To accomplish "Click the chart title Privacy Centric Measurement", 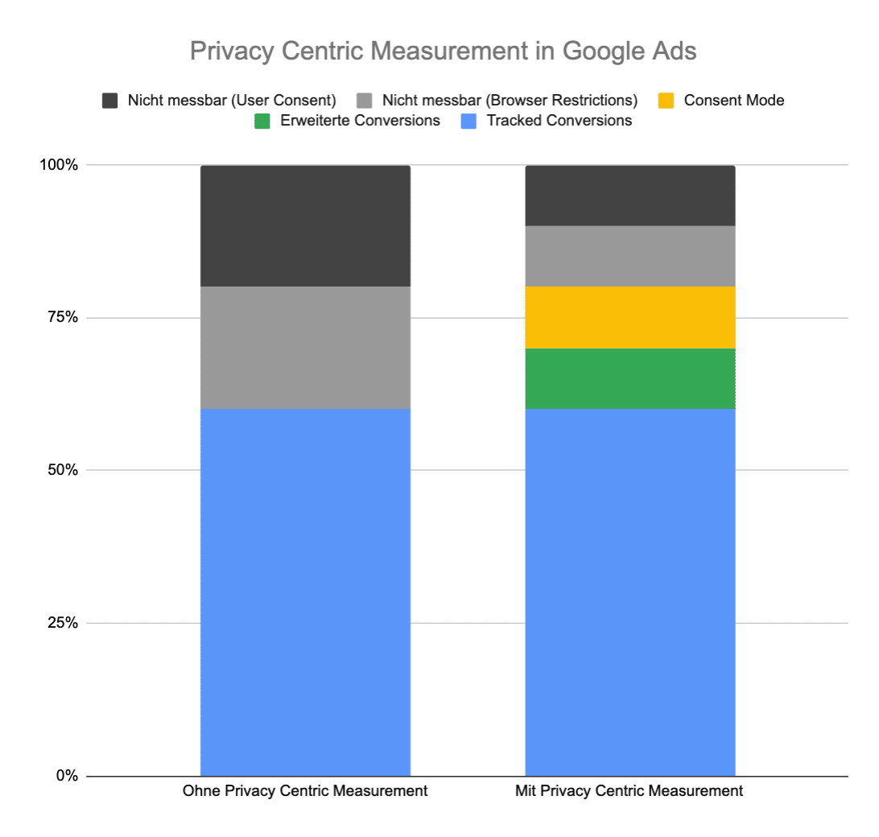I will (x=443, y=51).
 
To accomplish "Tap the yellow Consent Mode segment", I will (x=629, y=317).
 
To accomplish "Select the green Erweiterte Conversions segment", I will (x=629, y=378).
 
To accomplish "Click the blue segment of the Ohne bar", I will (x=305, y=592).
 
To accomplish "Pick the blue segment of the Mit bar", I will (x=629, y=592).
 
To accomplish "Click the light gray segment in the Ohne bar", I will (x=305, y=348).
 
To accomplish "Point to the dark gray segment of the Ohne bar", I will (x=305, y=226).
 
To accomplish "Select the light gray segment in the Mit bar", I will (x=629, y=256).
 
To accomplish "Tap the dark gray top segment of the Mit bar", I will (x=629, y=196).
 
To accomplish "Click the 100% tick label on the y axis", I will (x=59, y=165).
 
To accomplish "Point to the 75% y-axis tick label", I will (x=62, y=318).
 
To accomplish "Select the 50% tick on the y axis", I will (x=62, y=470).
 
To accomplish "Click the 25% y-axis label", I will (x=62, y=623).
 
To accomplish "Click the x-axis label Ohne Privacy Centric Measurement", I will (x=305, y=791).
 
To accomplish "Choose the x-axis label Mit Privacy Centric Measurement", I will (x=629, y=791).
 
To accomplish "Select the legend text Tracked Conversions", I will (x=559, y=121).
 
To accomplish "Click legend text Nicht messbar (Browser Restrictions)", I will (x=510, y=101).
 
